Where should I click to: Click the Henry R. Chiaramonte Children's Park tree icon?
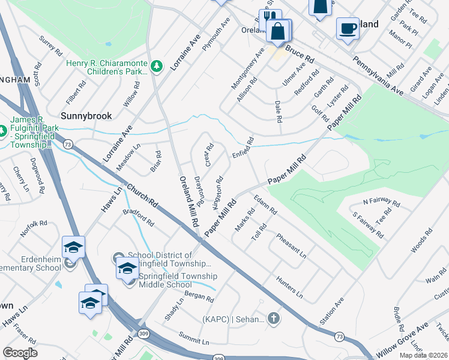click(x=157, y=65)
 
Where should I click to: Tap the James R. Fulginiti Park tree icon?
click(x=2, y=130)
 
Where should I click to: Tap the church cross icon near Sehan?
click(x=274, y=318)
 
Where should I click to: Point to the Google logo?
click(x=20, y=353)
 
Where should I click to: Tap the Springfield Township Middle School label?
click(x=178, y=280)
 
